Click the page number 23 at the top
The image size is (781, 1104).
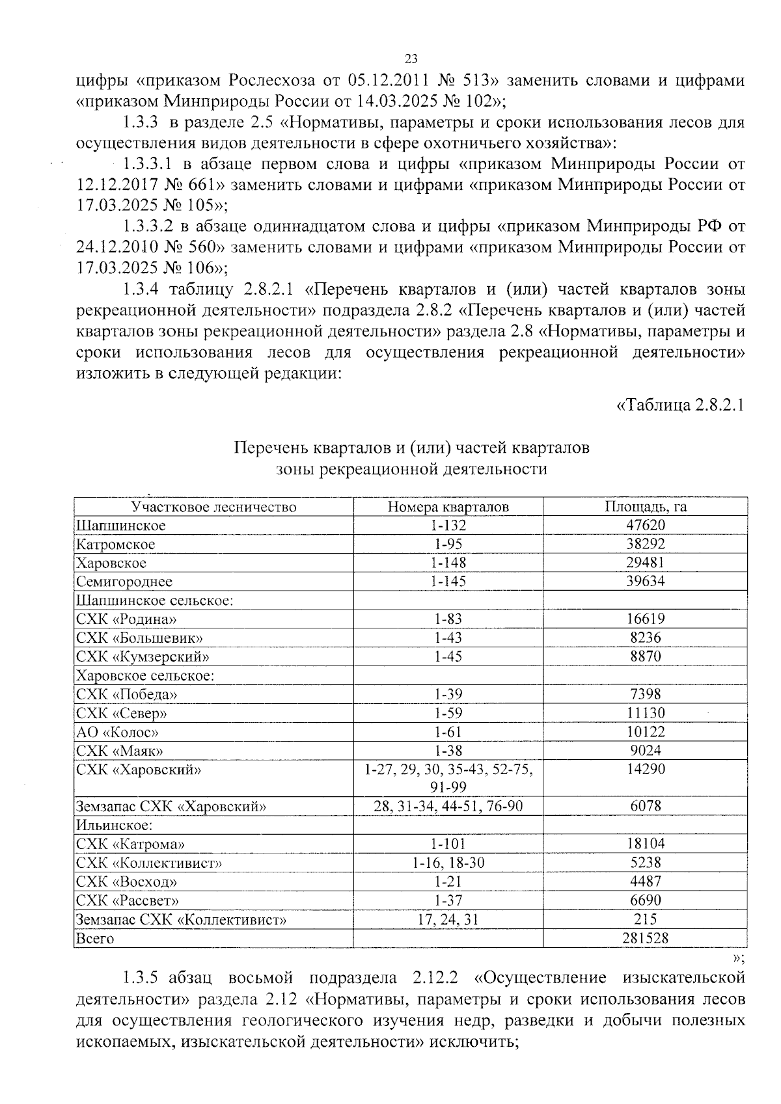[411, 59]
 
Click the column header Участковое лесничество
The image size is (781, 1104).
[213, 507]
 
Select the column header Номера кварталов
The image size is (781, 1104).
[448, 507]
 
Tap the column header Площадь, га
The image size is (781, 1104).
[646, 507]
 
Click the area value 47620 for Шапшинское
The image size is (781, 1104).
[646, 525]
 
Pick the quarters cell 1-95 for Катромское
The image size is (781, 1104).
[448, 544]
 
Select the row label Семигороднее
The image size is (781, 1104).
[124, 582]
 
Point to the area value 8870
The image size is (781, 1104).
[646, 656]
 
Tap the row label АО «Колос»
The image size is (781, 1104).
[117, 732]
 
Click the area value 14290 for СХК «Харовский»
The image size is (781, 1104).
[646, 770]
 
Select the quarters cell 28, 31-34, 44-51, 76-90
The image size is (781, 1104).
[448, 807]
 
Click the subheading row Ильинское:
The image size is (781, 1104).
[115, 826]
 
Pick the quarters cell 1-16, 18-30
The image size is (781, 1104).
[448, 863]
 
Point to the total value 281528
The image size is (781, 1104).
[646, 938]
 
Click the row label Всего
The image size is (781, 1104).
[95, 938]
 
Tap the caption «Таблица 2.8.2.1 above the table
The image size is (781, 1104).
[679, 405]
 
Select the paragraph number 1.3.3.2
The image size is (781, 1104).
[150, 226]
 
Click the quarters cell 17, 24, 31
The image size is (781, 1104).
[448, 919]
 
